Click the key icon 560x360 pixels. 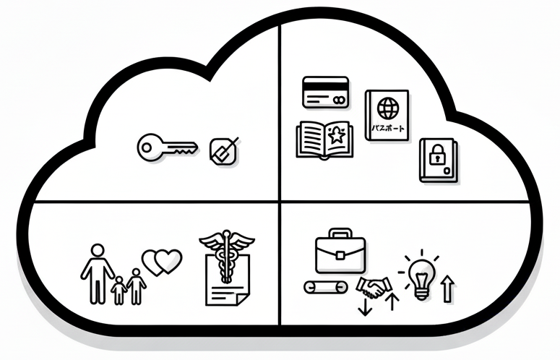[166, 147]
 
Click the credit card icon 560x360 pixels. [325, 92]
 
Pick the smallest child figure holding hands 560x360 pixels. [119, 289]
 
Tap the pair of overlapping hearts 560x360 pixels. [163, 261]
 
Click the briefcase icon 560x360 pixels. [340, 250]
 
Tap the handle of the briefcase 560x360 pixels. [340, 234]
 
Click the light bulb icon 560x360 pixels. [419, 274]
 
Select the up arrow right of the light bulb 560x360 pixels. [448, 288]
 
